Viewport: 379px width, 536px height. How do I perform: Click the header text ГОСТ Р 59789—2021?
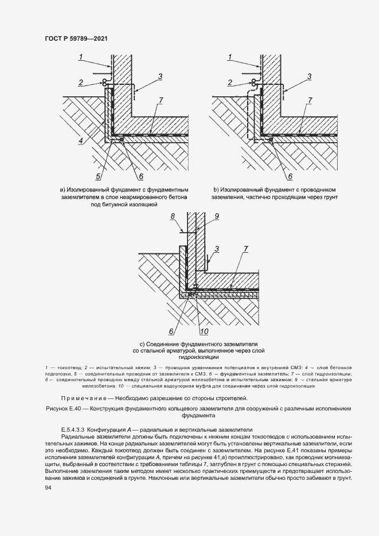point(76,38)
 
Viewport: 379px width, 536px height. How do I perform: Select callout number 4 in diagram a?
point(81,140)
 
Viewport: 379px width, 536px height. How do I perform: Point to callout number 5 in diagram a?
point(98,176)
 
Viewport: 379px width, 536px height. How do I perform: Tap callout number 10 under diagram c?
point(204,330)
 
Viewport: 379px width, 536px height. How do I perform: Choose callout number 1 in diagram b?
point(230,57)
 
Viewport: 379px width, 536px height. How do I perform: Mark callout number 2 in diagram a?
point(81,82)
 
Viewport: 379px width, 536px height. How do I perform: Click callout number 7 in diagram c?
point(245,249)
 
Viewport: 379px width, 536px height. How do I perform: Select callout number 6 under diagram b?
point(290,177)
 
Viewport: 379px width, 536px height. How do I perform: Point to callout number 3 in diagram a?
point(161,76)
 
